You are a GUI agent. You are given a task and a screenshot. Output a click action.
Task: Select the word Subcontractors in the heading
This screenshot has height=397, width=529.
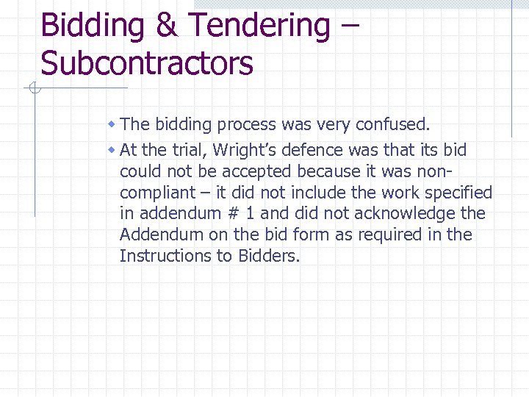[147, 63]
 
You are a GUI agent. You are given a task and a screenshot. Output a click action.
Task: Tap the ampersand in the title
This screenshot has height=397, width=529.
[166, 26]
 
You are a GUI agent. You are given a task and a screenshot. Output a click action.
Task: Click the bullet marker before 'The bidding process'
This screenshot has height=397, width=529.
[111, 124]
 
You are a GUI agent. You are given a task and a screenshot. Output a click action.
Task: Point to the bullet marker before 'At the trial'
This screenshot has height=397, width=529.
[111, 150]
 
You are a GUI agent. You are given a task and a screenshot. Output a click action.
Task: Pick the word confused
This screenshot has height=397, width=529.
[401, 124]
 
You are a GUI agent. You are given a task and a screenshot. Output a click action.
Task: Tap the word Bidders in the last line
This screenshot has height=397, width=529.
[269, 256]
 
